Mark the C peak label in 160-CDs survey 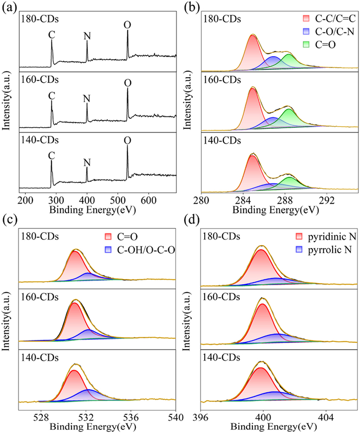tap(51, 96)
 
